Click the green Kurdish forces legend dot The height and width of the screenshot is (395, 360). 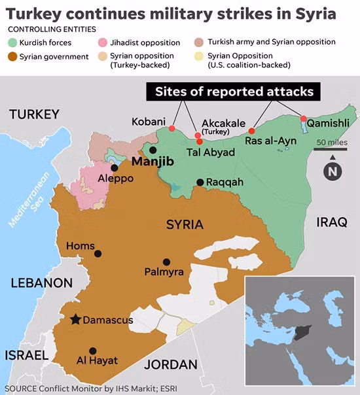(12, 43)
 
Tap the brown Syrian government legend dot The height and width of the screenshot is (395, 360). (12, 57)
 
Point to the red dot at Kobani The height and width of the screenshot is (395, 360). (172, 129)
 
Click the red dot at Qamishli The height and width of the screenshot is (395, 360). (303, 118)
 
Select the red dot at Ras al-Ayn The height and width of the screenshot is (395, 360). (252, 131)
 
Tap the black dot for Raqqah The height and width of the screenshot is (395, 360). (200, 182)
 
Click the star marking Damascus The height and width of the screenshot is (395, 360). (76, 319)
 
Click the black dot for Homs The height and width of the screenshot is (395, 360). (98, 254)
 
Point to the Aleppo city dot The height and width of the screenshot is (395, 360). (115, 167)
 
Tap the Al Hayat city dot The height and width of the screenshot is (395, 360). (93, 351)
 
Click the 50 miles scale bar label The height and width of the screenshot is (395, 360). (333, 143)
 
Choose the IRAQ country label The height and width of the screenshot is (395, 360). (332, 222)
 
